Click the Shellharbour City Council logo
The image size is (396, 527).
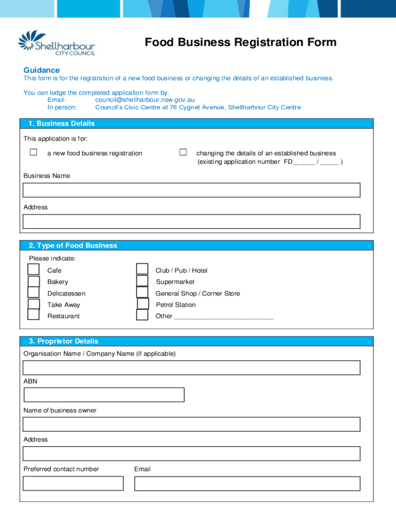point(57,43)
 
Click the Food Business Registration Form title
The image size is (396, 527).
point(240,42)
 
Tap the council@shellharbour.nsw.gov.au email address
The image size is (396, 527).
point(145,100)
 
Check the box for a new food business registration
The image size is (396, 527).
point(33,152)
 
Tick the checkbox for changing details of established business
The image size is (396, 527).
point(183,152)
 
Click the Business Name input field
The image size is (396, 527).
point(191,190)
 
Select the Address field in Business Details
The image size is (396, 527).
point(191,222)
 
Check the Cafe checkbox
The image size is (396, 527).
point(33,269)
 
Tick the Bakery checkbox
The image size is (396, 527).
point(34,282)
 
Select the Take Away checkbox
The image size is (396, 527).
point(33,304)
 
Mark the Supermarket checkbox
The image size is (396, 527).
point(142,281)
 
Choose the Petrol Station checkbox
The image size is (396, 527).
point(143,304)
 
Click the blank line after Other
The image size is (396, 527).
point(224,317)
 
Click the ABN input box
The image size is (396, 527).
point(104,395)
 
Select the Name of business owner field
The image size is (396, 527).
point(191,424)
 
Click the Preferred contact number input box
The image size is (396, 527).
point(73,483)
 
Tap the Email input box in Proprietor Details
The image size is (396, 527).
point(247,483)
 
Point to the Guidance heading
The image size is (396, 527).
point(42,70)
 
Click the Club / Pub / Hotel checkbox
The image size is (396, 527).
point(142,269)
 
